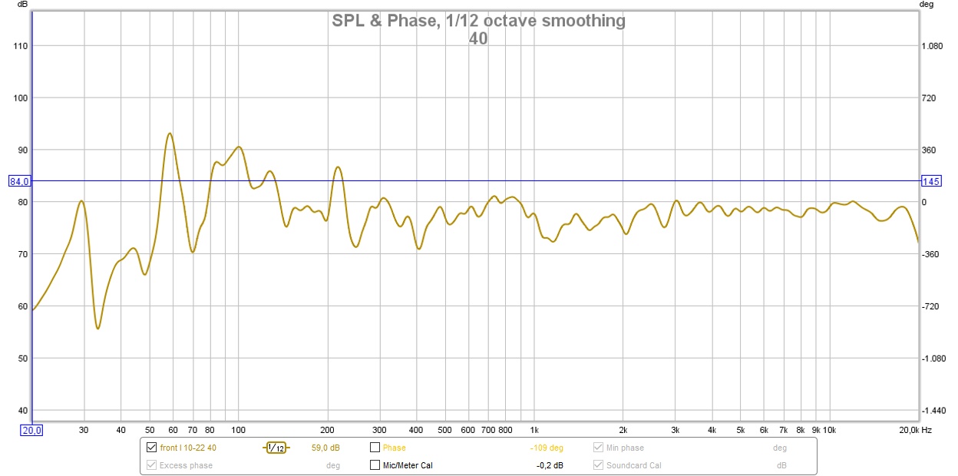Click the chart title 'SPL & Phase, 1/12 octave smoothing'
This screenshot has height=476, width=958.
478,21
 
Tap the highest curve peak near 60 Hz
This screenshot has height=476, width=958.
170,134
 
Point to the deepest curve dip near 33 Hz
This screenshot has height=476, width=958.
98,329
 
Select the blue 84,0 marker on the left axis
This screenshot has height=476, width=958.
19,181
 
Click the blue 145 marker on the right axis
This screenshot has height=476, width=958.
931,181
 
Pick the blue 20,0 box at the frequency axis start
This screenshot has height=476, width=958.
31,431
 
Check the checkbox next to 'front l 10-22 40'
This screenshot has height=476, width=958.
151,448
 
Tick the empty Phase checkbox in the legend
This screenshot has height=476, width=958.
375,448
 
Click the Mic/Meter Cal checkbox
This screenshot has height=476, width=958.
375,465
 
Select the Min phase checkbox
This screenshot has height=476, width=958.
599,448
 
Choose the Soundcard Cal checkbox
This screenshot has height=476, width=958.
599,465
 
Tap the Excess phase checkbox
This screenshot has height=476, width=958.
151,465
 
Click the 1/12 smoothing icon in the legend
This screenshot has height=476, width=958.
276,448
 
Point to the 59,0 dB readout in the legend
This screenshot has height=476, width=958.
326,448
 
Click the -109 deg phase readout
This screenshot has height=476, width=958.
547,448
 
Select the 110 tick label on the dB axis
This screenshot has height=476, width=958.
20,46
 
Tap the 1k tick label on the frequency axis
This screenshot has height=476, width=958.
534,430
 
